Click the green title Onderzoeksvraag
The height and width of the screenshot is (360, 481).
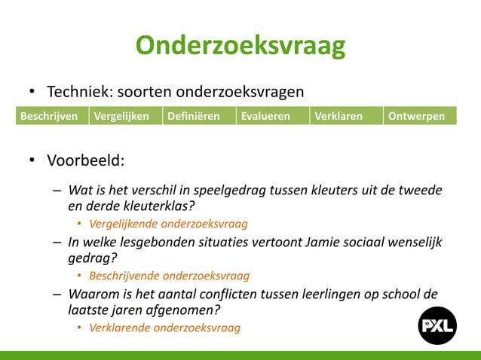(240, 46)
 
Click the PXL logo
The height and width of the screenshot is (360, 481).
(437, 326)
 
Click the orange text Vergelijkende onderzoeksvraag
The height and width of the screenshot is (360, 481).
(168, 224)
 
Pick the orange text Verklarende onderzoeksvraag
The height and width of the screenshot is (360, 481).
(164, 328)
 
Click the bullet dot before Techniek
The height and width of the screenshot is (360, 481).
(32, 93)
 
